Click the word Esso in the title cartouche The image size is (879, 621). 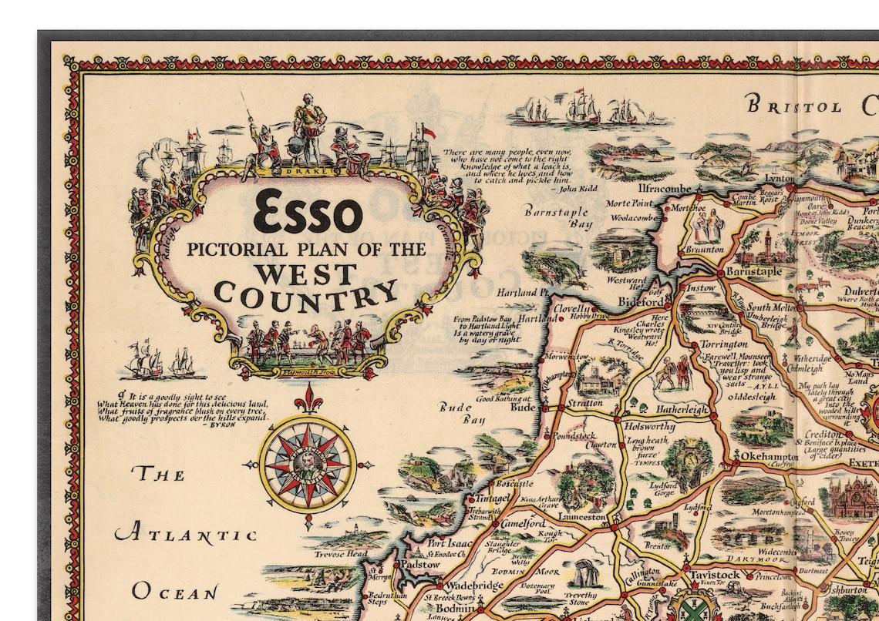[x=308, y=212]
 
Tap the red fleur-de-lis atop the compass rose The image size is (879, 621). [x=308, y=400]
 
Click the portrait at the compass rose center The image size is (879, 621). [x=307, y=464]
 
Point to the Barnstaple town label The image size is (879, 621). [x=753, y=272]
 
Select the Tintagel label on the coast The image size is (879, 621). [x=492, y=498]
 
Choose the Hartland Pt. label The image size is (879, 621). [x=522, y=293]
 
